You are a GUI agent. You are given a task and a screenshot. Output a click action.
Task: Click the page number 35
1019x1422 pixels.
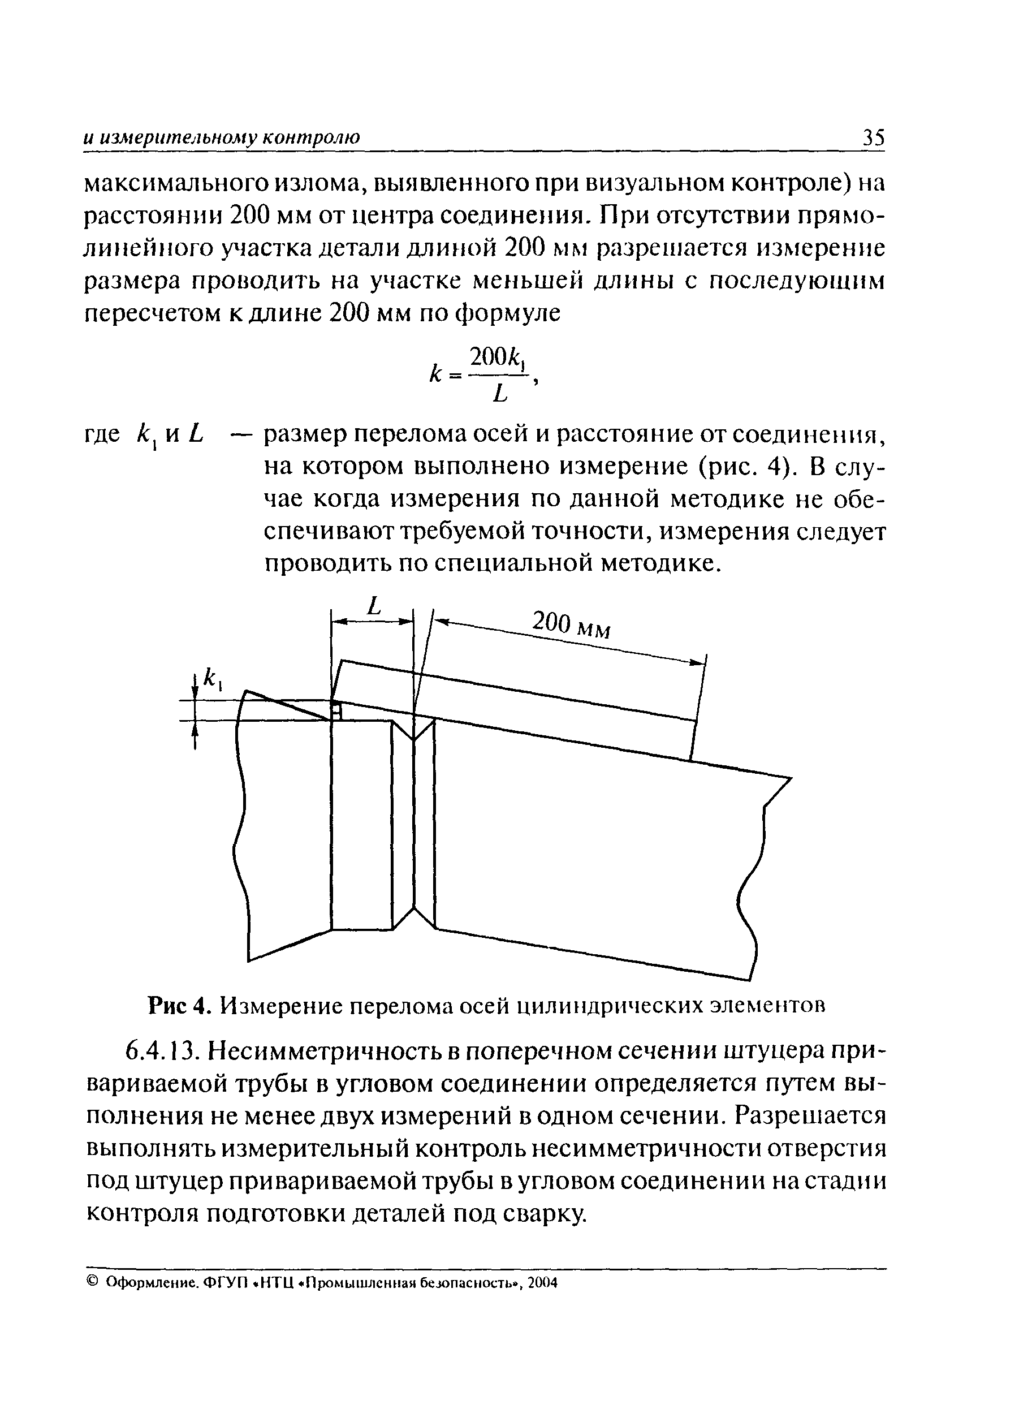pyautogui.click(x=873, y=137)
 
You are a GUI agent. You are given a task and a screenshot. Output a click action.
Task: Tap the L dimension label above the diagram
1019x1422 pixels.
pyautogui.click(x=374, y=606)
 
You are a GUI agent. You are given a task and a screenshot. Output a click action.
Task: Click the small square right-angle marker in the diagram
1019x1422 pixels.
pyautogui.click(x=336, y=711)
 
